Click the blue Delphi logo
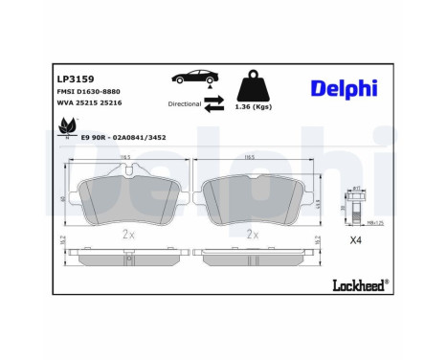point(343,89)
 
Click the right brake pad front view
point(254,201)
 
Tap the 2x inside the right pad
point(254,233)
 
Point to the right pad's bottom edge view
point(254,256)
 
